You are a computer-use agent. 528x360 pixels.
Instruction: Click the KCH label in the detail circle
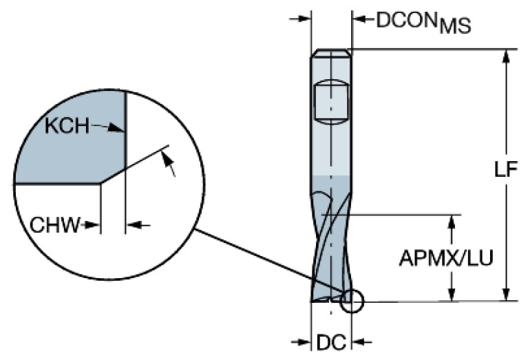pos(67,126)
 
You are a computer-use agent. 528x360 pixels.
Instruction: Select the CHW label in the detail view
pos(55,225)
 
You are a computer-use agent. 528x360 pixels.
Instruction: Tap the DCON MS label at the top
pos(423,22)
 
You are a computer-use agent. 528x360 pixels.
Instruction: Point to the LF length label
pos(505,169)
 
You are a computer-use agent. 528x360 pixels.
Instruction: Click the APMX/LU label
pos(446,258)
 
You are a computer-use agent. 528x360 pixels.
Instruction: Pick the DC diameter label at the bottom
pos(331,343)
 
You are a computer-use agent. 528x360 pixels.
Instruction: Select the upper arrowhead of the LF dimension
pos(506,56)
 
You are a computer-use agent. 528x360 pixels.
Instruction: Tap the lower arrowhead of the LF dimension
pos(506,294)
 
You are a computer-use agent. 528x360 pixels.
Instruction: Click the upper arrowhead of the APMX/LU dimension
pos(452,222)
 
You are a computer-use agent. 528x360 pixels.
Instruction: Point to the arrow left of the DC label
pos(301,342)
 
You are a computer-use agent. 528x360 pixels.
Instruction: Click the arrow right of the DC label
pos(361,342)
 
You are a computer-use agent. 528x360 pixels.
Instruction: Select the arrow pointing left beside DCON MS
pos(363,19)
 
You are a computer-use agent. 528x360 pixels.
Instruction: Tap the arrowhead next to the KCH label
pos(116,128)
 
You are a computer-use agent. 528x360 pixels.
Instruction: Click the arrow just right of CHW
pos(138,224)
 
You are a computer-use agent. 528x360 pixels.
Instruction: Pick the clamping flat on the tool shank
pos(331,102)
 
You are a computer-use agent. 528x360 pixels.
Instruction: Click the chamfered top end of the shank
pos(331,53)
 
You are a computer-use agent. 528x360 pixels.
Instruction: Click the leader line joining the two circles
pos(269,260)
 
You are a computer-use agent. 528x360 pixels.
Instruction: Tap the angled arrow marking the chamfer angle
pos(169,164)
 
